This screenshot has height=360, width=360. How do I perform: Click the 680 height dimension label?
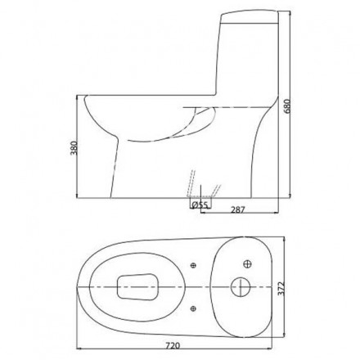pos(287,106)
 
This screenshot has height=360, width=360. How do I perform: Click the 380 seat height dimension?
pos(74,148)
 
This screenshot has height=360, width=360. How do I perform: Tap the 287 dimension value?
pos(238,209)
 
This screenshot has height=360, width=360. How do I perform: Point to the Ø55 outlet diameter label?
pos(200,205)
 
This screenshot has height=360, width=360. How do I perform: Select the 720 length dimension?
pos(173,345)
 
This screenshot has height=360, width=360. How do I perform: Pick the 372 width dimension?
pos(281,288)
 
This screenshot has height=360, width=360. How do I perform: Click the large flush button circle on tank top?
pos(241,287)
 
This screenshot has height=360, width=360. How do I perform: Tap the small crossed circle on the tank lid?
pos(247,263)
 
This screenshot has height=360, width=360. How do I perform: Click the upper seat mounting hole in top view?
pos(193,265)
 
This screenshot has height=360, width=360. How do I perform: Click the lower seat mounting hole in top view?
pos(193,308)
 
